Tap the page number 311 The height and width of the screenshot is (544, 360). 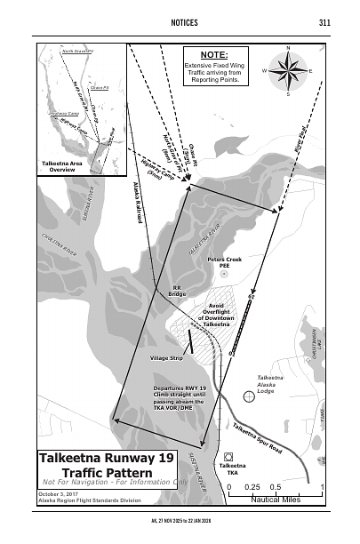324,21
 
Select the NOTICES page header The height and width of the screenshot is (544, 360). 180,21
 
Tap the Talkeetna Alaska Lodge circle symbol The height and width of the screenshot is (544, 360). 248,396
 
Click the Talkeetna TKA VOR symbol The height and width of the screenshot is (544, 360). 229,456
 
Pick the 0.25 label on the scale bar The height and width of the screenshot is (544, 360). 252,487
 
